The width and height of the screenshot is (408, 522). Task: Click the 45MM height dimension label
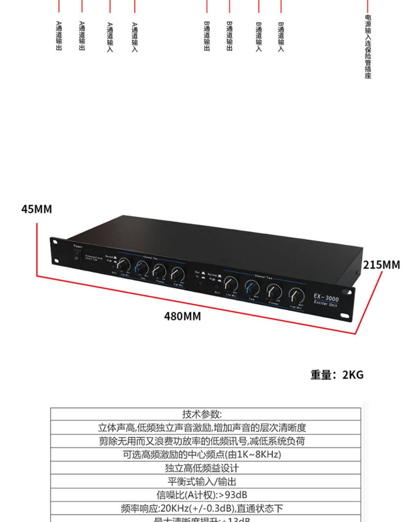point(37,209)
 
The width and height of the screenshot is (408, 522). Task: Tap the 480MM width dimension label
point(182,316)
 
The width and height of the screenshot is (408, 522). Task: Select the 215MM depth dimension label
point(381,265)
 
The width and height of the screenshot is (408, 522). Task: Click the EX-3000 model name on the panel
point(326,298)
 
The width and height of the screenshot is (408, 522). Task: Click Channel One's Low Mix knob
point(124,266)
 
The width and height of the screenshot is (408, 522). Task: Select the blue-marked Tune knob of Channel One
point(142,269)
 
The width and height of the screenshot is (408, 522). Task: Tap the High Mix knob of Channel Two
point(296,294)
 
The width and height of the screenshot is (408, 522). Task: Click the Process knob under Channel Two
point(274,291)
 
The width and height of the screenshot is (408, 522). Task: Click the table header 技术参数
point(202,414)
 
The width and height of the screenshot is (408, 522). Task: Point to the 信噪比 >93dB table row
point(202,495)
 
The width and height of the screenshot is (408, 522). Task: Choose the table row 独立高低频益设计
point(202,468)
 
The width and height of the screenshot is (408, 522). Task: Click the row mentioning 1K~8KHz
point(202,454)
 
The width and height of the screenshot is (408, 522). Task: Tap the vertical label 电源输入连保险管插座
point(368,46)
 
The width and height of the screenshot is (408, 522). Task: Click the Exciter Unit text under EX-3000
point(325,304)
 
